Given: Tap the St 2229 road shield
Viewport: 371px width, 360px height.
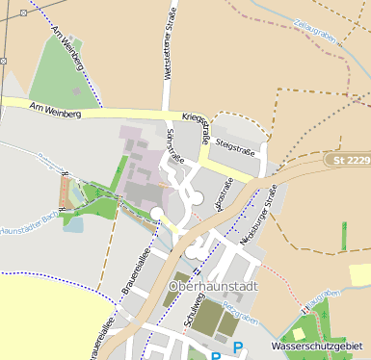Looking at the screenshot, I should pos(347,158).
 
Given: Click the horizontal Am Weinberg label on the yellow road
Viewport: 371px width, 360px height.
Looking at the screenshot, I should pos(55,112).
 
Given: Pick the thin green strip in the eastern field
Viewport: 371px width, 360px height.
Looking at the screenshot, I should pos(344,236).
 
